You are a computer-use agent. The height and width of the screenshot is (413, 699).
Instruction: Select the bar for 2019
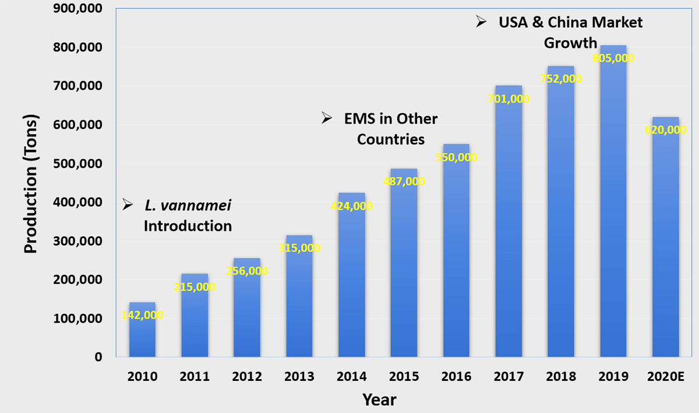pyautogui.click(x=613, y=210)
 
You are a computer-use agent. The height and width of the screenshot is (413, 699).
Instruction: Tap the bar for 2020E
pyautogui.click(x=665, y=245)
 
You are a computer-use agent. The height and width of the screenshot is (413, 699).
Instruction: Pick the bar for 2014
pyautogui.click(x=351, y=280)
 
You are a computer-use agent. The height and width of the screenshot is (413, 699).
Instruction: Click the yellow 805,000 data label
pyautogui.click(x=613, y=58)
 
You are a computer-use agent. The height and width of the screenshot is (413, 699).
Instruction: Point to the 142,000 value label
pyautogui.click(x=142, y=315)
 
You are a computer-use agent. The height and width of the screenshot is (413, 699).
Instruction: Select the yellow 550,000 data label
pyautogui.click(x=456, y=157)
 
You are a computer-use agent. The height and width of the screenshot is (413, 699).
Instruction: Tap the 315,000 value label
pyautogui.click(x=299, y=248)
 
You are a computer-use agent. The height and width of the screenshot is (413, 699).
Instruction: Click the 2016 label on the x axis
pyautogui.click(x=456, y=377)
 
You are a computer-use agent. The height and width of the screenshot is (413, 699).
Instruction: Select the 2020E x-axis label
pyautogui.click(x=665, y=377)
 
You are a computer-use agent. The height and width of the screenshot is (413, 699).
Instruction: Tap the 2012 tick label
pyautogui.click(x=247, y=377)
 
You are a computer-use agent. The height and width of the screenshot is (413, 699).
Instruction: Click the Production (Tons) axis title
pyautogui.click(x=31, y=183)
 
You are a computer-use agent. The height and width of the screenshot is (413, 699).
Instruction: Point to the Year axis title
pyautogui.click(x=379, y=400)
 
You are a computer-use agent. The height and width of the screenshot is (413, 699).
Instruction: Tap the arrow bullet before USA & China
pyautogui.click(x=481, y=22)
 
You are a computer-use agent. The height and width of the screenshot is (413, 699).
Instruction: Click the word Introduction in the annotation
pyautogui.click(x=188, y=226)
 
